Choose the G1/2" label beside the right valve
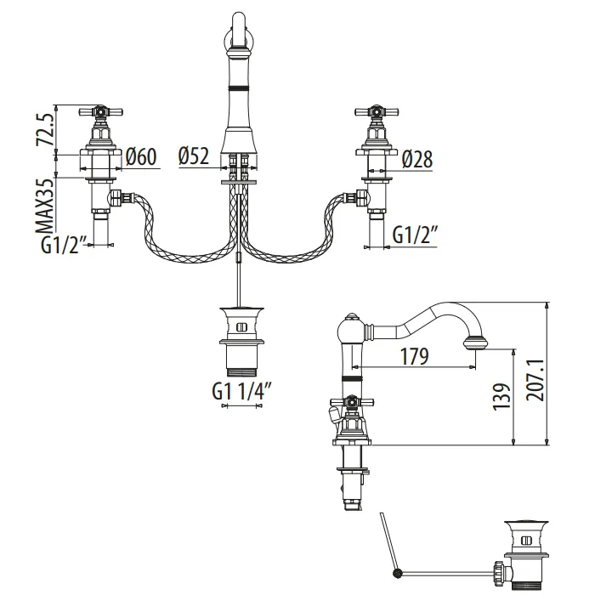(415, 235)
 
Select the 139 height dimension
(501, 397)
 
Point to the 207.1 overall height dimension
(533, 370)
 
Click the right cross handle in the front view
(376, 111)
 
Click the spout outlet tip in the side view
(476, 343)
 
